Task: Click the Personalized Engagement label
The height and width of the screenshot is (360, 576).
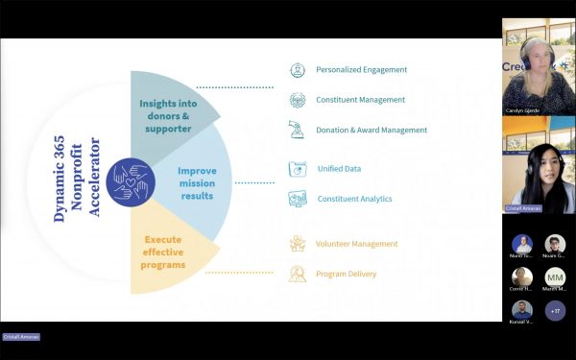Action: [361, 70]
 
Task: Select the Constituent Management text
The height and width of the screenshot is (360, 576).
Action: [360, 100]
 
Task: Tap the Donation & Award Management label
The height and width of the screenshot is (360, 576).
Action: [372, 130]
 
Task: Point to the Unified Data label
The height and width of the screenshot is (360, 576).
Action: [339, 169]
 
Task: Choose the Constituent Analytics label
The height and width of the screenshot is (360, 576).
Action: [354, 199]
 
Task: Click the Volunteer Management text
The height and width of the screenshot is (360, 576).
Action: [357, 244]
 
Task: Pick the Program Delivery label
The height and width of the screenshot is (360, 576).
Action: [347, 274]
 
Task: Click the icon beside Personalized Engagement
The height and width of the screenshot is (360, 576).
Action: [297, 70]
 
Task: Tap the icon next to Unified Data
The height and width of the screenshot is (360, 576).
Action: [297, 169]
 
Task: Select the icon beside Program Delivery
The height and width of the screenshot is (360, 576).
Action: [297, 275]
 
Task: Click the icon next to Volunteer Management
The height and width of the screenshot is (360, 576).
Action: [297, 244]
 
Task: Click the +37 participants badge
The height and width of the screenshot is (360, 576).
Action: [555, 310]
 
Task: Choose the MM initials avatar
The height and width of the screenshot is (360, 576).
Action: [555, 277]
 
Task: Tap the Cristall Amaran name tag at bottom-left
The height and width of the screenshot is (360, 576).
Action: [20, 337]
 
